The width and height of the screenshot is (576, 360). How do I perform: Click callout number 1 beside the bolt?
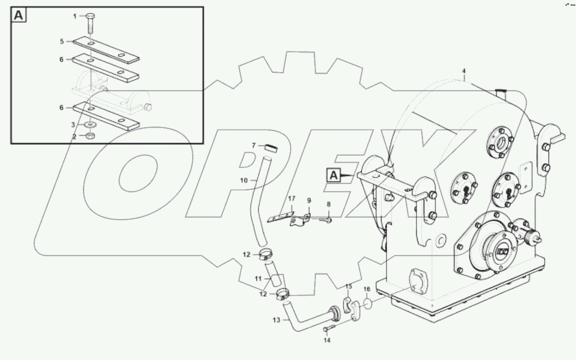click(x=74, y=16)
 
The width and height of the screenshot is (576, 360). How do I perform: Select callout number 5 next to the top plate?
click(x=62, y=41)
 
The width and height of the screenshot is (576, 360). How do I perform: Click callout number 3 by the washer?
click(x=73, y=125)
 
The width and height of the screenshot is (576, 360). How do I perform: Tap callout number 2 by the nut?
click(x=73, y=136)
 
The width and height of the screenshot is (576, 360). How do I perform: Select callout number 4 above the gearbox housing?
click(x=464, y=71)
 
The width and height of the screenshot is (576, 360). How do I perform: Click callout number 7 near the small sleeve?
click(x=253, y=145)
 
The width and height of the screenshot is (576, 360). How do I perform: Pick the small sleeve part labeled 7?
click(x=271, y=148)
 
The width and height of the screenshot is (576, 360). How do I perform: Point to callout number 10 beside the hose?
click(x=244, y=180)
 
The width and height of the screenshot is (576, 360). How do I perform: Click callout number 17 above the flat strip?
click(x=292, y=198)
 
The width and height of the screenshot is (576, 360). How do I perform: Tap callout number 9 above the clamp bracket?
click(x=309, y=201)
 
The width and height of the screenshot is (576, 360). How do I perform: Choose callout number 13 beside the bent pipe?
click(x=277, y=320)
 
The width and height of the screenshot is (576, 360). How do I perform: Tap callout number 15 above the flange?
click(x=349, y=286)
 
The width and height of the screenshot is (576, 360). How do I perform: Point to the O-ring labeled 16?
click(x=369, y=302)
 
